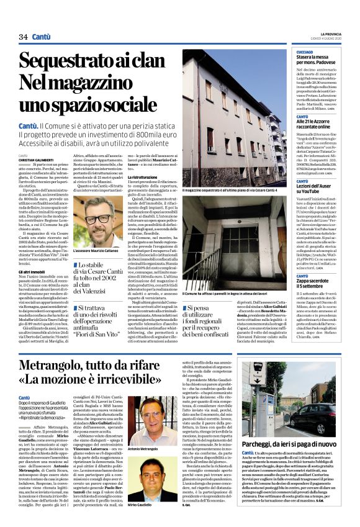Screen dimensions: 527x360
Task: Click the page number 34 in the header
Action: pos(24,37)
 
